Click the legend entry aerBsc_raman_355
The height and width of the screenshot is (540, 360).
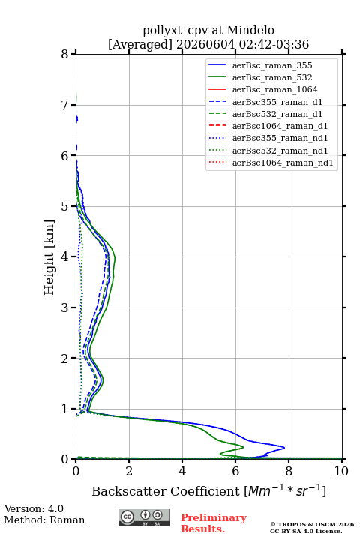coord(272,65)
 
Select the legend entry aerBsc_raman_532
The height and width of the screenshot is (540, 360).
coord(272,77)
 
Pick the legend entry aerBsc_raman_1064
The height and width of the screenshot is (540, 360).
coord(275,89)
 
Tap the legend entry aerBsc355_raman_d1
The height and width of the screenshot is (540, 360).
coord(277,102)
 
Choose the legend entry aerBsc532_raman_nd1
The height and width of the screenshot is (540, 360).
coord(280,151)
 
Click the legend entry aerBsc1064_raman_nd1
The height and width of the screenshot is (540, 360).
coord(283,163)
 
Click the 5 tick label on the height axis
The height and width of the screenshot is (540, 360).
coord(65,206)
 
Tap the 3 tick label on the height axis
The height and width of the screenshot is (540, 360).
coord(65,307)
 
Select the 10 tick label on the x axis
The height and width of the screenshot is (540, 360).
coord(342,471)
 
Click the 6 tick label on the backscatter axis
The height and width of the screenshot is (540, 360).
coord(235,471)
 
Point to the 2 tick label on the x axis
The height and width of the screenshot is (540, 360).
coord(129,471)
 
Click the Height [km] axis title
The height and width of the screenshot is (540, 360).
coord(49,257)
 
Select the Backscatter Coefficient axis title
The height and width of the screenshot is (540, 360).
coord(208,490)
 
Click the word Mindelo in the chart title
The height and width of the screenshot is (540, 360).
coord(250,30)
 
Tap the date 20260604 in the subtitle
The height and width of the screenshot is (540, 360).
coord(205,44)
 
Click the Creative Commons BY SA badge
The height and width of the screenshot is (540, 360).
coord(144,517)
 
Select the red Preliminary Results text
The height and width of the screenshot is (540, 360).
coord(214,523)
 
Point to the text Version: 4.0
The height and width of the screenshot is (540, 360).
coord(34,508)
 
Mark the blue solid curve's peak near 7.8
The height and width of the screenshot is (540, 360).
coord(284,447)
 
